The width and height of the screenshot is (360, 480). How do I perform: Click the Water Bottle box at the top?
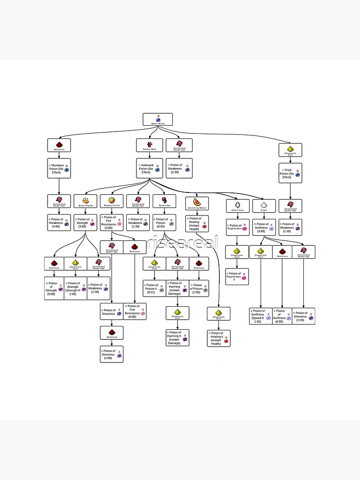[157, 120]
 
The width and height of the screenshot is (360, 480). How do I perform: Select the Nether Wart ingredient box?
[149, 145]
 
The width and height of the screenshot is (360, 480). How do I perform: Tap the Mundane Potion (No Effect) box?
[59, 168]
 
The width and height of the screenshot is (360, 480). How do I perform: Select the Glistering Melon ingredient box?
[197, 204]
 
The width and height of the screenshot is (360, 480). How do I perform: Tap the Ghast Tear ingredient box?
[238, 206]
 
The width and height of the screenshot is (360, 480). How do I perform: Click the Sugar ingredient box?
[264, 206]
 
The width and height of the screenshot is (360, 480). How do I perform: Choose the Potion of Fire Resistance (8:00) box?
[135, 312]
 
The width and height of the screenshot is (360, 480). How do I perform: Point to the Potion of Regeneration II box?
[238, 276]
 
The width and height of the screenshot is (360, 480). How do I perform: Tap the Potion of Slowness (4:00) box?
[111, 354]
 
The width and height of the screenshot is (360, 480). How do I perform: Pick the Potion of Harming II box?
[178, 337]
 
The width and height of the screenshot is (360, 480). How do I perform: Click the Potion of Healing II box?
[219, 338]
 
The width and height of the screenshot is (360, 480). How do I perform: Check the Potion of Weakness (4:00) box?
[59, 222]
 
